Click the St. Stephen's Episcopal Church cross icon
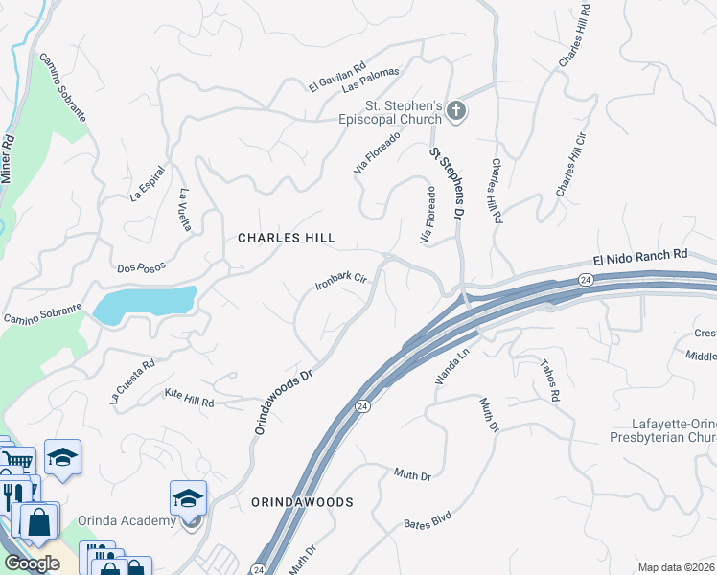pyautogui.click(x=456, y=112)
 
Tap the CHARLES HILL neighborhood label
pyautogui.click(x=286, y=237)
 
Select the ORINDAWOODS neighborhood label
pyautogui.click(x=302, y=502)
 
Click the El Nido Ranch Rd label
pyautogui.click(x=640, y=256)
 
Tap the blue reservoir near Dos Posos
pyautogui.click(x=144, y=305)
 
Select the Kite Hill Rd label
pyautogui.click(x=188, y=398)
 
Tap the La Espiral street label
pyautogui.click(x=148, y=183)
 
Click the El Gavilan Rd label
pyautogui.click(x=337, y=78)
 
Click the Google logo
pyautogui.click(x=32, y=563)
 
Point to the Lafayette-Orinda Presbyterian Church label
pyautogui.click(x=660, y=430)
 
